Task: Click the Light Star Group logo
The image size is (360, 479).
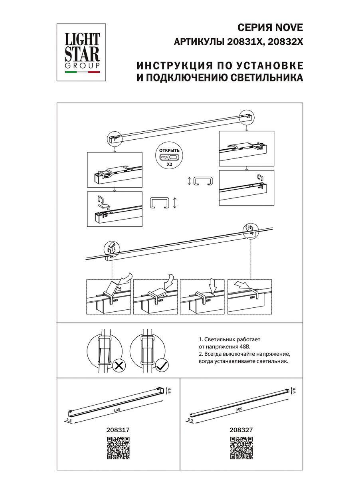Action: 83,52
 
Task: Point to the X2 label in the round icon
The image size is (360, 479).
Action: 169,164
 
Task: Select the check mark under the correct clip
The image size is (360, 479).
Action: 161,364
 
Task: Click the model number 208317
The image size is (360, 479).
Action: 119,430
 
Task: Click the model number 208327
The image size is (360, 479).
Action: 241,430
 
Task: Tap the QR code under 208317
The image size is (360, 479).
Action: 119,448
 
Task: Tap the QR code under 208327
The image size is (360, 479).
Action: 241,448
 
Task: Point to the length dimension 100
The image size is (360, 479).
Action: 116,410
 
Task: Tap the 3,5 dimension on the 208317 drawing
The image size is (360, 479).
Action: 68,420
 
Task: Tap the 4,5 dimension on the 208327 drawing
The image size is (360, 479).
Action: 294,391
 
